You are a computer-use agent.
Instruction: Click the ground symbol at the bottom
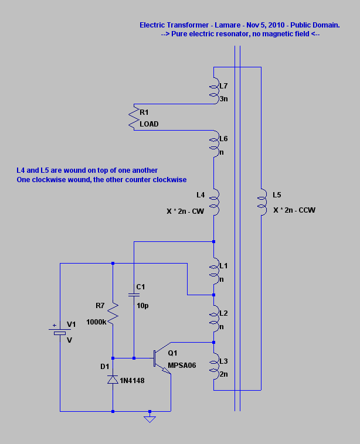coord(150,419)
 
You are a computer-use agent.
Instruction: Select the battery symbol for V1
coord(60,332)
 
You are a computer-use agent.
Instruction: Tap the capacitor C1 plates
coord(134,295)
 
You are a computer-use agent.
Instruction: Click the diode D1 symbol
coord(113,380)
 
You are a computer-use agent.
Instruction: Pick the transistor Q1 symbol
coord(162,358)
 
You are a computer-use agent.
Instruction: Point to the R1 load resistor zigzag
coord(133,117)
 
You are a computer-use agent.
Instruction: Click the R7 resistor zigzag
coord(113,313)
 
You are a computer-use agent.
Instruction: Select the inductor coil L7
coord(215,91)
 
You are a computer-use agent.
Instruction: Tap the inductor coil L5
coord(262,202)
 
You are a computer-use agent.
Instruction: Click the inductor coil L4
coord(215,202)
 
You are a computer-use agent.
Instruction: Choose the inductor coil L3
coord(215,366)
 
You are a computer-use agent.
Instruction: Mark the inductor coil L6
coord(215,144)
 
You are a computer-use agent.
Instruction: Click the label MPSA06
coord(182,366)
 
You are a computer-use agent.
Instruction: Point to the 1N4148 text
coord(132,381)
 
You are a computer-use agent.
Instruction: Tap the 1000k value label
coord(96,322)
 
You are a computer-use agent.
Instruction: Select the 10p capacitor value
coord(142,306)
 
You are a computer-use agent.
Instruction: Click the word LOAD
coord(149,124)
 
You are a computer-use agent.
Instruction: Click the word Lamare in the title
coord(227,25)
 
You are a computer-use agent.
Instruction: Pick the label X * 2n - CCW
coord(294,210)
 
